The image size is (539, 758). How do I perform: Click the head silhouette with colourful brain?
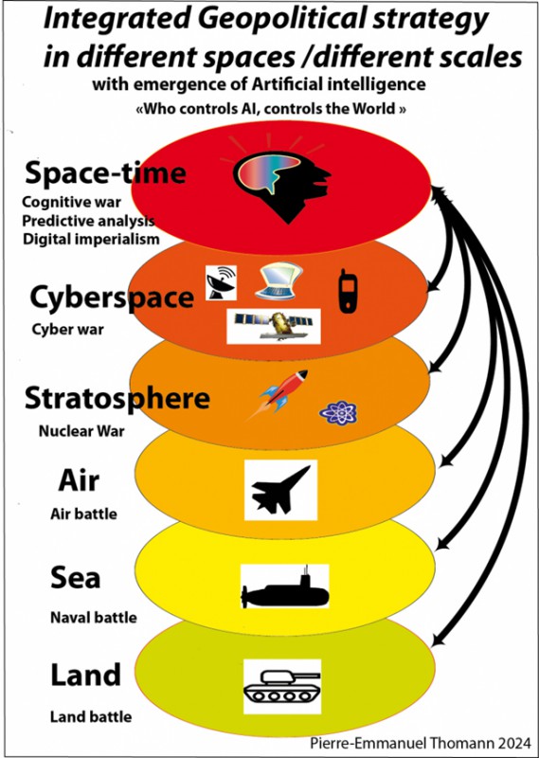click(283, 186)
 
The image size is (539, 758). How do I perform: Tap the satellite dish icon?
click(221, 282)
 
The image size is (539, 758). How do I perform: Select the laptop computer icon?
click(278, 281)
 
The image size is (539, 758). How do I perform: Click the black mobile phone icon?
click(348, 291)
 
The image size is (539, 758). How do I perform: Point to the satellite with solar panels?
click(274, 326)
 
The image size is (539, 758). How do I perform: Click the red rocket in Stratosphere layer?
click(278, 393)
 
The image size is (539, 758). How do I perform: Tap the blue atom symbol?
click(338, 413)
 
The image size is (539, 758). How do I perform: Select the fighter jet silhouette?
click(280, 490)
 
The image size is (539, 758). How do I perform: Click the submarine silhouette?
click(285, 587)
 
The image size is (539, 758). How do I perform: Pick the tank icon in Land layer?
click(282, 686)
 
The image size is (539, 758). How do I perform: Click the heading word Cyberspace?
click(112, 298)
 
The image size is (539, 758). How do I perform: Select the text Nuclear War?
click(81, 431)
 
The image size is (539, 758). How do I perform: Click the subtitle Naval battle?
click(93, 618)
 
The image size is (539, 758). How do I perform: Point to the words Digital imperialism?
click(91, 239)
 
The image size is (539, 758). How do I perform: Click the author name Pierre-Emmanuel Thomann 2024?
click(421, 743)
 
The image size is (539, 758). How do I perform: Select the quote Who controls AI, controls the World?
click(271, 108)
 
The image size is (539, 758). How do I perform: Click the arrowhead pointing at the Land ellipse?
click(437, 641)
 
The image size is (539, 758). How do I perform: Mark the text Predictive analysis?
click(88, 221)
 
